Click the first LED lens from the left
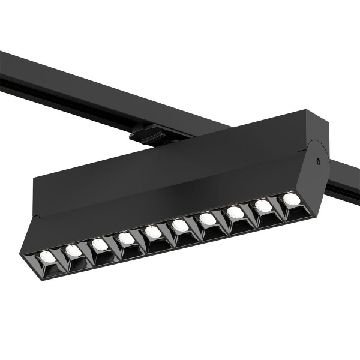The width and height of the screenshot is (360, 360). (47, 257)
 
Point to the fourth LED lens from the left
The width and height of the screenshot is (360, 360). (126, 238)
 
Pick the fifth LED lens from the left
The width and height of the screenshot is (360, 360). (153, 232)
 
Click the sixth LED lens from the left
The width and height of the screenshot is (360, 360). (180, 225)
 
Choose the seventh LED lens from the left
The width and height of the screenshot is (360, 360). (208, 218)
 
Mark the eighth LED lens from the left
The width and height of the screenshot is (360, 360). (235, 212)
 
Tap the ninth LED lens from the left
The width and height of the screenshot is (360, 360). (263, 206)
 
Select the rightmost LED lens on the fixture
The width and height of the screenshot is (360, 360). (290, 199)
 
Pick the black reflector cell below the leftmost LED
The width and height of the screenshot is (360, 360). (49, 269)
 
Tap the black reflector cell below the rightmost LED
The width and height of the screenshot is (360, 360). (293, 211)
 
